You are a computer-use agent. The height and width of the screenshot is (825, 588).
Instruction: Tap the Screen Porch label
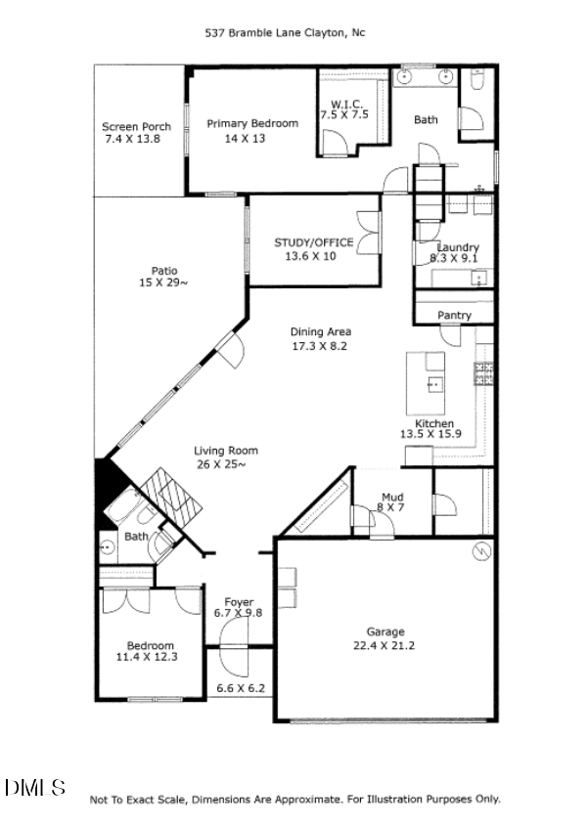tap(136, 126)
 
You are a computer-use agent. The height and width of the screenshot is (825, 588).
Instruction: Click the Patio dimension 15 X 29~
tap(163, 283)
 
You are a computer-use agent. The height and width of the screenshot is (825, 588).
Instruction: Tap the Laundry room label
tap(458, 247)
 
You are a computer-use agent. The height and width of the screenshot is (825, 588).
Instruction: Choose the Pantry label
tap(454, 316)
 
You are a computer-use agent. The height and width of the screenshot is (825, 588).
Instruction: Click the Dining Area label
tap(321, 331)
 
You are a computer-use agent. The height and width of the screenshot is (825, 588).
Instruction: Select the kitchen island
tap(428, 384)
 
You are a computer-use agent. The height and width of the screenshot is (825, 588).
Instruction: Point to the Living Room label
tap(225, 451)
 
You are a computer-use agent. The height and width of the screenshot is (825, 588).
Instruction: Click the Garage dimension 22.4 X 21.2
tap(384, 645)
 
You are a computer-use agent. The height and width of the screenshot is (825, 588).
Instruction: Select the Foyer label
tap(239, 601)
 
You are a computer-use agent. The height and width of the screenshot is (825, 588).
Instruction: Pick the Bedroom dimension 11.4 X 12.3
tap(150, 658)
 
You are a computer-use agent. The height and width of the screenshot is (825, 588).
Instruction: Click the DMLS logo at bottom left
tap(35, 787)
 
